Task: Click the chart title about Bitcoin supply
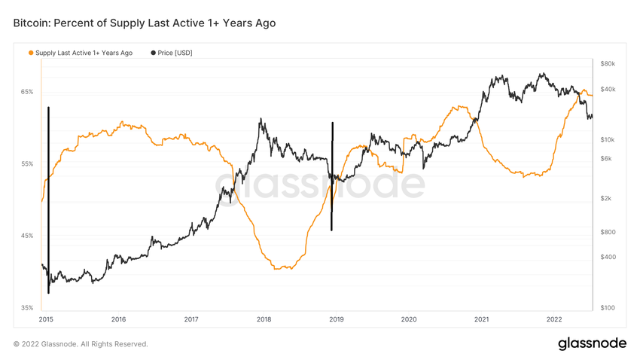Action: point(144,23)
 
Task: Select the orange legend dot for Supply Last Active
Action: point(31,53)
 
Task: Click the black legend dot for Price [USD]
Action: point(154,53)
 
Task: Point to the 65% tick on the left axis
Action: point(27,92)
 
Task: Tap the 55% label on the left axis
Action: point(27,164)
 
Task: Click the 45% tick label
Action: point(27,236)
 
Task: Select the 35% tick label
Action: point(27,308)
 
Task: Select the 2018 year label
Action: point(264,319)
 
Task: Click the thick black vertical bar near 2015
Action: point(48,200)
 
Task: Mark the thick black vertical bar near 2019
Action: point(332,176)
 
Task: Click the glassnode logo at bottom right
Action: point(592,343)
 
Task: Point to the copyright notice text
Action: point(81,344)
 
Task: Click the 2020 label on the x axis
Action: point(409,319)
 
